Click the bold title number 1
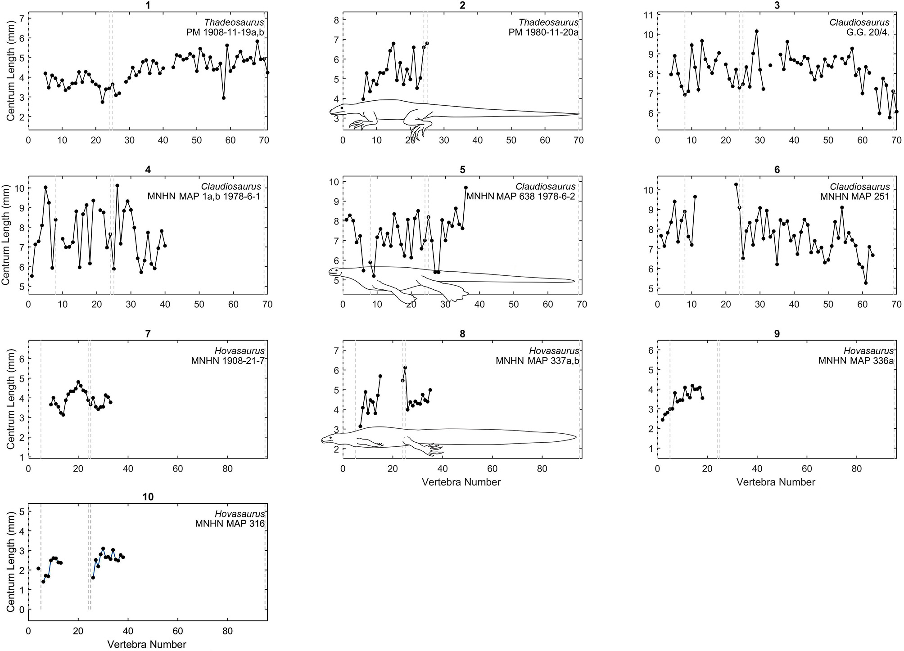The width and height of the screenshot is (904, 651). click(x=148, y=5)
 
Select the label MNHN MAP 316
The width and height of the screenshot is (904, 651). click(x=230, y=524)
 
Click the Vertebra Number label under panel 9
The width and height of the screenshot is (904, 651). click(x=776, y=482)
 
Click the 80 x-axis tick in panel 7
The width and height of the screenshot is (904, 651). click(x=227, y=469)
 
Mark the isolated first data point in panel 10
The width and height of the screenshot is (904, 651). click(x=38, y=569)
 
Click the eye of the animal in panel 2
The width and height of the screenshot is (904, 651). click(x=342, y=108)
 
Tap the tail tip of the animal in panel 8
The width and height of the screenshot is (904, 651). click(x=576, y=437)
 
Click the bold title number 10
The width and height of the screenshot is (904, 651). click(x=148, y=497)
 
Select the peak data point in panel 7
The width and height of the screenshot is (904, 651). click(x=78, y=382)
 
